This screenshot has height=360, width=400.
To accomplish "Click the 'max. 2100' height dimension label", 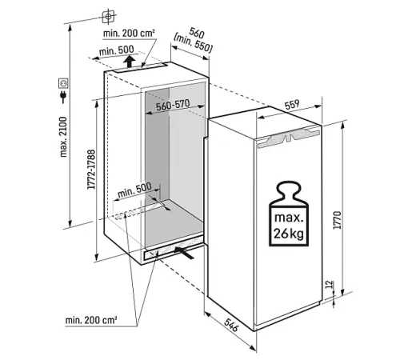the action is click(63, 137).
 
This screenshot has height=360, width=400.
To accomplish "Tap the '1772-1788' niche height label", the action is click(91, 170).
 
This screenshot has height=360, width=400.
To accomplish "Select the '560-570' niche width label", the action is click(173, 105).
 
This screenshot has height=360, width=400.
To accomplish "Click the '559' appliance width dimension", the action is click(292, 105).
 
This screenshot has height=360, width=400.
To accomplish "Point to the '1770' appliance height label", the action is click(338, 220).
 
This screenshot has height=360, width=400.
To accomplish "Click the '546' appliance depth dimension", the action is click(230, 325).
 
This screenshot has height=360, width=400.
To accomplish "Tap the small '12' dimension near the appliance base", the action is click(330, 284).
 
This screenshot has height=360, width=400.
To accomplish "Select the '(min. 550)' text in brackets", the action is click(193, 43).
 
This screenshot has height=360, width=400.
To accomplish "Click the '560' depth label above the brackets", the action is click(197, 33).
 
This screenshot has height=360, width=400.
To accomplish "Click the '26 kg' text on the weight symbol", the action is click(289, 234).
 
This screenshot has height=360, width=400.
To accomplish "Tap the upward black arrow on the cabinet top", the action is click(130, 62).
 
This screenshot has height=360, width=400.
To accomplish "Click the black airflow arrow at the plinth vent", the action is click(184, 253).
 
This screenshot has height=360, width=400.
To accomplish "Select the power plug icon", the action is click(63, 97).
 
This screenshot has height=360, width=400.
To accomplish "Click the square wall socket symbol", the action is click(63, 83).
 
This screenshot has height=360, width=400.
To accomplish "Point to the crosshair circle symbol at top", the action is click(108, 17).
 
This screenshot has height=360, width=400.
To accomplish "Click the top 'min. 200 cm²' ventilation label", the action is click(129, 34).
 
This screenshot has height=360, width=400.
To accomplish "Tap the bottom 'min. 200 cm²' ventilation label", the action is click(91, 320).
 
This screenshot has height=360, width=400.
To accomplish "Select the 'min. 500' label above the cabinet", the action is click(116, 50).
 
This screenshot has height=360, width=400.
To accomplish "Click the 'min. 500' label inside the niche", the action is click(134, 190).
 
